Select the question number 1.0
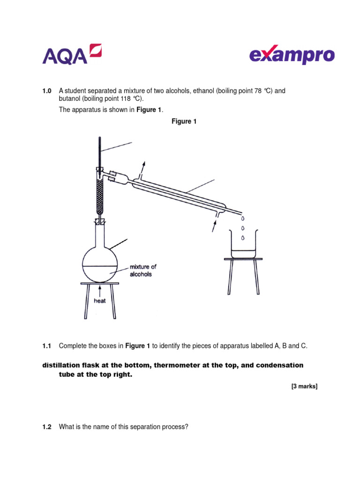click(x=47, y=90)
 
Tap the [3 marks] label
click(x=304, y=386)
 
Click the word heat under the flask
click(x=100, y=301)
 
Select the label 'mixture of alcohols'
click(x=143, y=270)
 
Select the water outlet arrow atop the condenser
click(x=143, y=167)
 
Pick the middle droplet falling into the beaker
click(x=243, y=228)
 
